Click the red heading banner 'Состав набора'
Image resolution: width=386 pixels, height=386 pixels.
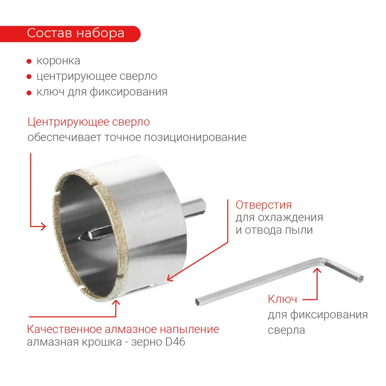point(75,33)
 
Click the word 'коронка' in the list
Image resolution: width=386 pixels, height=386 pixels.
point(58,61)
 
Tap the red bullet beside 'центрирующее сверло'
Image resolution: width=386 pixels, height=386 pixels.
point(29,77)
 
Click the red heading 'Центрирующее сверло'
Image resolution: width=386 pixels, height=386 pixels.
point(88,122)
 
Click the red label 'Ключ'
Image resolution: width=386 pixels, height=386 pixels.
point(282,299)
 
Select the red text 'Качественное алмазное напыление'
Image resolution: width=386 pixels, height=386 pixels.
point(123,329)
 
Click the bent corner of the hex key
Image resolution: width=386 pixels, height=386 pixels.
point(324,261)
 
